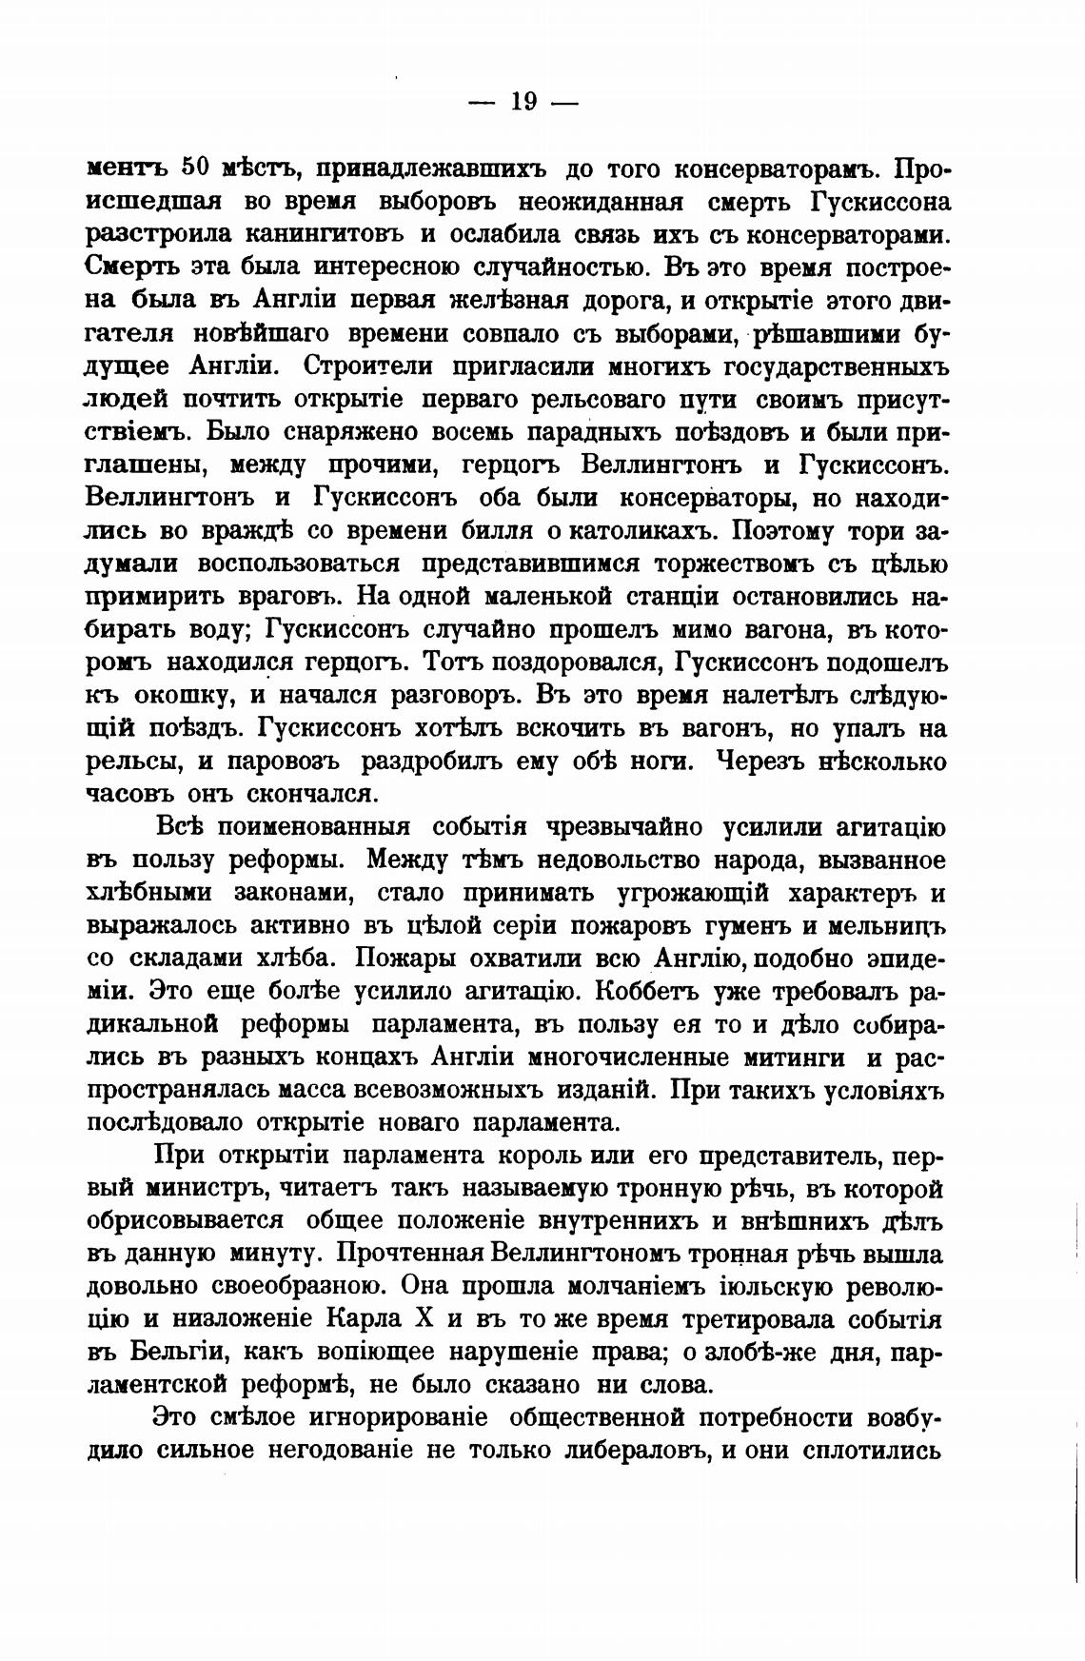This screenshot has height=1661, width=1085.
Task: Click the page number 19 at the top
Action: pos(523,102)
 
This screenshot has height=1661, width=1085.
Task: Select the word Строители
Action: pos(360,366)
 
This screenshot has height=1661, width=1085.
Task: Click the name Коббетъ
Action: pos(647,991)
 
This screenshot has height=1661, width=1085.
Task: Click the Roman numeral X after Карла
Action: pos(426,1320)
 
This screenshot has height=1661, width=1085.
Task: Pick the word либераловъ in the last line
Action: pos(633,1452)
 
